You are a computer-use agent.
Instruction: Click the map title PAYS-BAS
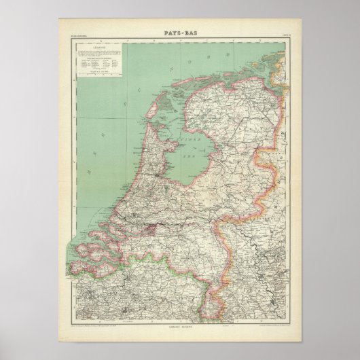[179, 30]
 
